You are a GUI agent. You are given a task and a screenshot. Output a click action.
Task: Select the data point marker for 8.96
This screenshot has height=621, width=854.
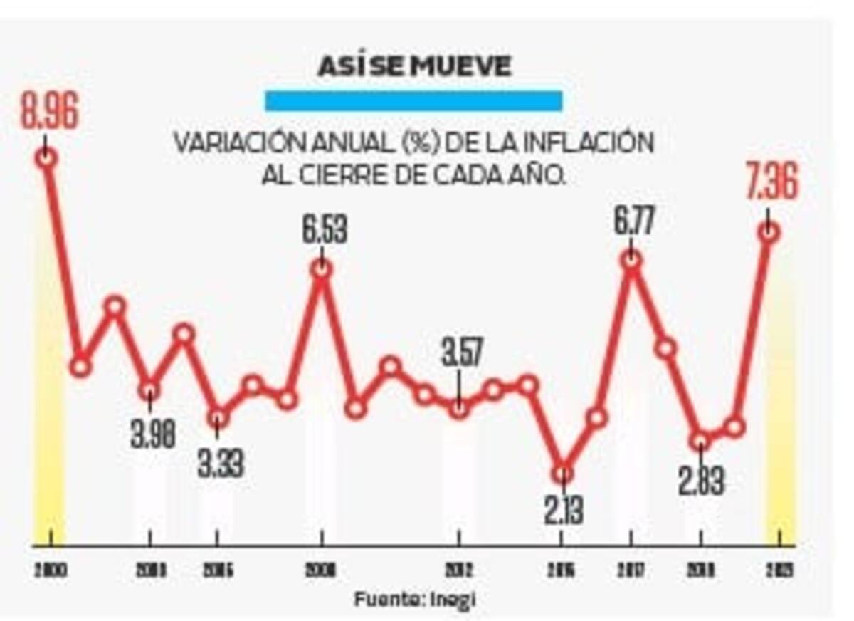46,157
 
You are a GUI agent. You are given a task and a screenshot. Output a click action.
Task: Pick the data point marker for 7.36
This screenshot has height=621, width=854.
769,232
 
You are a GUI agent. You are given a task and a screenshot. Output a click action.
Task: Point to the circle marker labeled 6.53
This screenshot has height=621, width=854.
322,268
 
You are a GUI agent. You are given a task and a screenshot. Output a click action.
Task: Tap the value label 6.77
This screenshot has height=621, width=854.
633,221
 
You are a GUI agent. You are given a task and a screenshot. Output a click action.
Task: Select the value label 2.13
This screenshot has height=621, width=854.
564,511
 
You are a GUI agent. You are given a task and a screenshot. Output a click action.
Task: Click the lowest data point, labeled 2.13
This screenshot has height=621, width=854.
562,473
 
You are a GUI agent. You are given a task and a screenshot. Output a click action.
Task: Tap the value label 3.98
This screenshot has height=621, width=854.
152,434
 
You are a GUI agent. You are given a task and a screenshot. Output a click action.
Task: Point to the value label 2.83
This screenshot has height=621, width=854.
701,481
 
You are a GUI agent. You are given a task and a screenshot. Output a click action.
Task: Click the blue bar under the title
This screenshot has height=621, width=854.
413,100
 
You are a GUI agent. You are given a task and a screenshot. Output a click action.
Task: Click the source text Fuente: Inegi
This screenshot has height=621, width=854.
414,599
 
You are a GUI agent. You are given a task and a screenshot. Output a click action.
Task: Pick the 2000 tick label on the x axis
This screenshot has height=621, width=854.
50,570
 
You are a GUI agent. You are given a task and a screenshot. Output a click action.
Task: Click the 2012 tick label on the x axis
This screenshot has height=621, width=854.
459,570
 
